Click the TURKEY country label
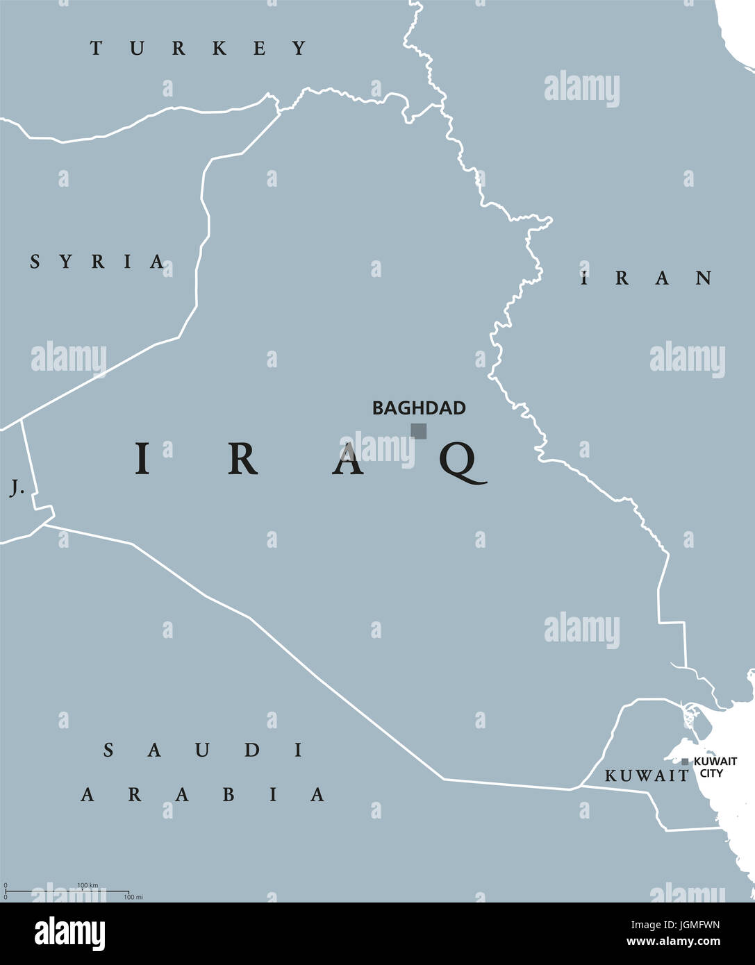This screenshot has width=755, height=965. pyautogui.click(x=199, y=48)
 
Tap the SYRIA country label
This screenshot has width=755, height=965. pyautogui.click(x=98, y=262)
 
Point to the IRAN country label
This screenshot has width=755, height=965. pyautogui.click(x=647, y=278)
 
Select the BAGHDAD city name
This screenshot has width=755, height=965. pyautogui.click(x=419, y=408)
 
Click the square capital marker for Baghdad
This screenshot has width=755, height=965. pyautogui.click(x=418, y=431)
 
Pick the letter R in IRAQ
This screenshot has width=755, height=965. pyautogui.click(x=242, y=459)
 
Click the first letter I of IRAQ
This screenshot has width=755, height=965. pyautogui.click(x=142, y=459)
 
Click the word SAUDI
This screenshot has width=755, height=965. pyautogui.click(x=204, y=750)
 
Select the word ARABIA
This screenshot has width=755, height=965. pyautogui.click(x=203, y=794)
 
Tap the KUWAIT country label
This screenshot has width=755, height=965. pyautogui.click(x=646, y=776)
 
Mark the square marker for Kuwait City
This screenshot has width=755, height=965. pyautogui.click(x=685, y=762)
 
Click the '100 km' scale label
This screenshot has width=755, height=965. pyautogui.click(x=88, y=885)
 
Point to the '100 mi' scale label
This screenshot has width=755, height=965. pyautogui.click(x=133, y=897)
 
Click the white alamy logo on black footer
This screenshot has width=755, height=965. pyautogui.click(x=69, y=934)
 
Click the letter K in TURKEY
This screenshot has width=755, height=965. pyautogui.click(x=219, y=48)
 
